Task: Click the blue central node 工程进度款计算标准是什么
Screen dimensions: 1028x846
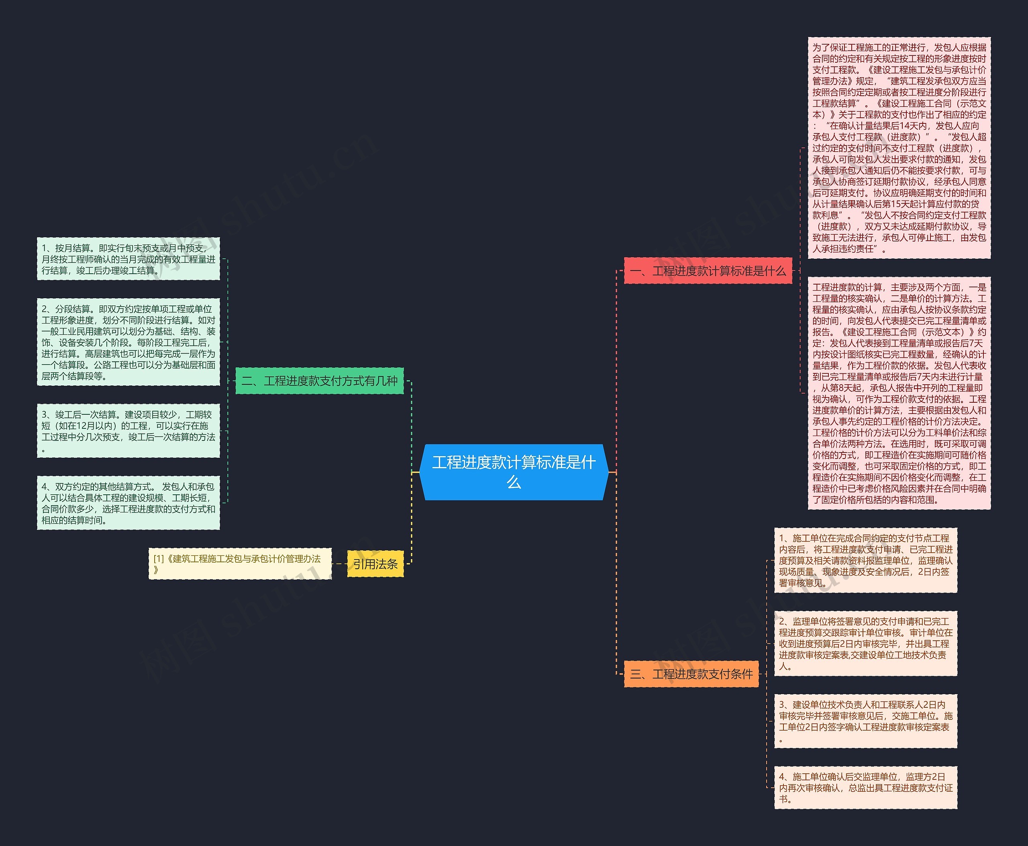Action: coord(514,472)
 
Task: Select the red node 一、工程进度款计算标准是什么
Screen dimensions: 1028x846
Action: coord(708,270)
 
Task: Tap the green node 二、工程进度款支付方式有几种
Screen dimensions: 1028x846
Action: coord(320,381)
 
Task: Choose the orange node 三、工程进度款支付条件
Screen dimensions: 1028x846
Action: coord(691,674)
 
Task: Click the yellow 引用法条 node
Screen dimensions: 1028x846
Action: coord(375,564)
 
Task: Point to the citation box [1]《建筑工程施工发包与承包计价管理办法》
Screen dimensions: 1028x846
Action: coord(240,564)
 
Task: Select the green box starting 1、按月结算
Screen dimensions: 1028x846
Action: coord(128,259)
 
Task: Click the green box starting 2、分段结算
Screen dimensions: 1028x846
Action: coord(128,342)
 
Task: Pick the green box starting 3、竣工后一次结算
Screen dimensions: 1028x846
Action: coord(128,431)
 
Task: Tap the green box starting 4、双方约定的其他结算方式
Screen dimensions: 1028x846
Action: coord(128,503)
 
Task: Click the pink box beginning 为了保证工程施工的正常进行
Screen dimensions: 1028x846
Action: coord(899,147)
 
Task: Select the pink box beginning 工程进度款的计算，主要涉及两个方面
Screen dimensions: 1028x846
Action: coord(899,393)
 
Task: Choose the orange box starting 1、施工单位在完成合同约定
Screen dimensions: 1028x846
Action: coord(866,560)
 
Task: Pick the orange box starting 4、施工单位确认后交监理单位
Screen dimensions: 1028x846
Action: coord(866,787)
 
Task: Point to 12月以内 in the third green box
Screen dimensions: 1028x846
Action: coord(94,426)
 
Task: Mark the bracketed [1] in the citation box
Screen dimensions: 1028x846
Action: coord(159,559)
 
